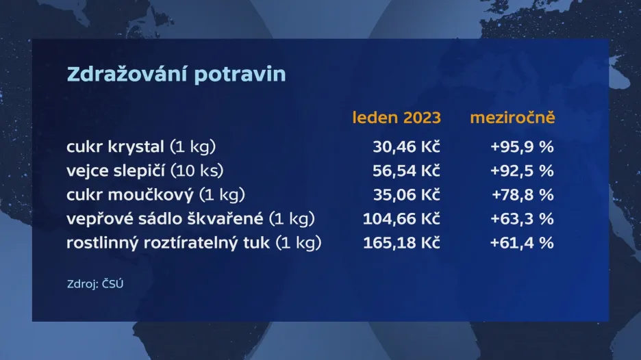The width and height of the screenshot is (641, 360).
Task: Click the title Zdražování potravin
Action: coord(176,73)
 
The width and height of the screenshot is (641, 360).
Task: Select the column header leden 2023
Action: coord(397,118)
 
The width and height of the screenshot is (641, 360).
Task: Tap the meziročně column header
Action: coord(513,118)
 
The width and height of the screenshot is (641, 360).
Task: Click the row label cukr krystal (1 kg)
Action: coord(141,146)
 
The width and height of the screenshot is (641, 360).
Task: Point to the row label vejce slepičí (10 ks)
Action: coord(145,171)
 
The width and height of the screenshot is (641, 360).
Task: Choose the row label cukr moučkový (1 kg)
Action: coord(155,195)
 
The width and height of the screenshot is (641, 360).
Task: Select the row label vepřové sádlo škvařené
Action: coord(165,218)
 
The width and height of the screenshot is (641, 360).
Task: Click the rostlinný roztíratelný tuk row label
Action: coord(168,243)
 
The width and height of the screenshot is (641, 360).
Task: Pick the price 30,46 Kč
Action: coord(406,146)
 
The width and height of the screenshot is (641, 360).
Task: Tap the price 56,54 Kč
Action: coord(406,171)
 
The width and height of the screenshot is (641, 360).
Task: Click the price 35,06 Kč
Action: coord(406,195)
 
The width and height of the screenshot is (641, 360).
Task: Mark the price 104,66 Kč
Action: coord(401,219)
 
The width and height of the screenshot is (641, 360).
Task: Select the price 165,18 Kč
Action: coord(401,243)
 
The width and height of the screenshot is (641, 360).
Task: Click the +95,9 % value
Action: coord(522,146)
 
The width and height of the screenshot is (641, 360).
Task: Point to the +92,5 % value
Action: coord(522,171)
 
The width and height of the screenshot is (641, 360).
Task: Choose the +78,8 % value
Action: coord(523,195)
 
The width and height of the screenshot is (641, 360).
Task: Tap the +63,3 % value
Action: coord(522,219)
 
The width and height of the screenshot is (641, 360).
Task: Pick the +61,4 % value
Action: coord(522,243)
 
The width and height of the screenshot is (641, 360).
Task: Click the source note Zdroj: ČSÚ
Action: coord(95,283)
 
